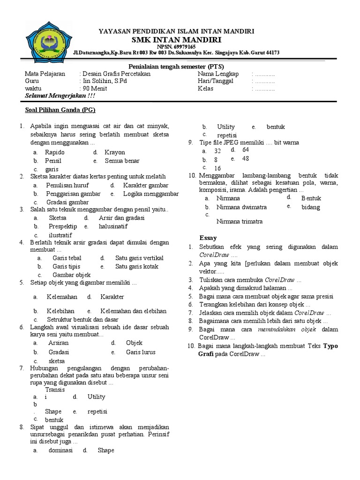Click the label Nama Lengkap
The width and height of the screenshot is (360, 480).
pyautogui.click(x=218, y=74)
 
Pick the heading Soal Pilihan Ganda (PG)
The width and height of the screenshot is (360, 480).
pyautogui.click(x=60, y=111)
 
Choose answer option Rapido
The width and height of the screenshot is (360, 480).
pyautogui.click(x=55, y=152)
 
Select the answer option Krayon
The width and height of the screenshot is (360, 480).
pyautogui.click(x=115, y=152)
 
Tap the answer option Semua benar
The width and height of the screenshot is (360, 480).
pyautogui.click(x=122, y=161)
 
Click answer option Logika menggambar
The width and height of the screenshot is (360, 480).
pyautogui.click(x=151, y=194)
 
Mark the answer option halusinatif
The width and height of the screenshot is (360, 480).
pyautogui.click(x=112, y=226)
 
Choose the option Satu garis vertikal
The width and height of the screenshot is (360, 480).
pyautogui.click(x=139, y=258)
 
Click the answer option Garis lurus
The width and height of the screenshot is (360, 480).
pyautogui.click(x=141, y=352)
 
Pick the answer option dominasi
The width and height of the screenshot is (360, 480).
pyautogui.click(x=60, y=450)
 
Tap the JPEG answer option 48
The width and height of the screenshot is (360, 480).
pyautogui.click(x=245, y=159)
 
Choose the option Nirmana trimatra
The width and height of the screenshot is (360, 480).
pyautogui.click(x=240, y=221)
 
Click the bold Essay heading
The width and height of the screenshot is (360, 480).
pyautogui.click(x=208, y=238)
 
